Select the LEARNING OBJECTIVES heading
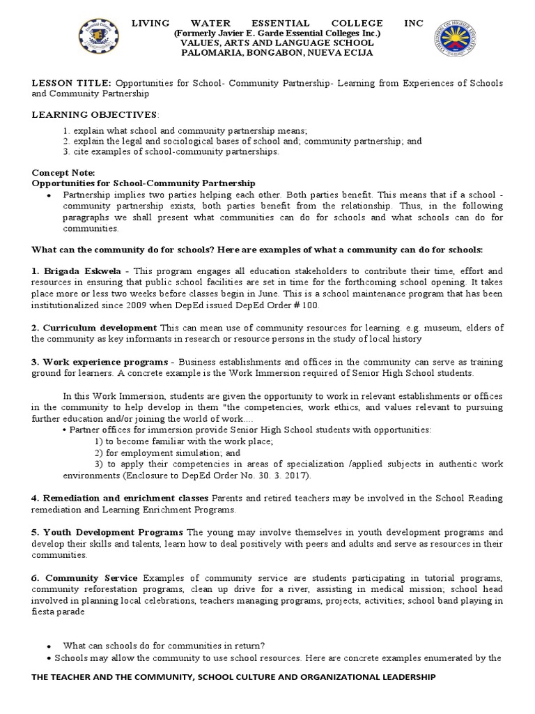(95, 114)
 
